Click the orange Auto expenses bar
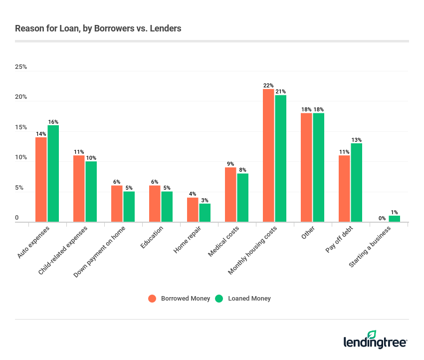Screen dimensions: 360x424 pyautogui.click(x=41, y=180)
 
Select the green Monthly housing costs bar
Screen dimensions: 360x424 pyautogui.click(x=280, y=158)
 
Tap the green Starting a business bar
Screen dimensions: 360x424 pyautogui.click(x=394, y=219)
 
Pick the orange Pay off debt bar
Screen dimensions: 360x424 pyautogui.click(x=344, y=189)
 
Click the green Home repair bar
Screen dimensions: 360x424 pyautogui.click(x=205, y=213)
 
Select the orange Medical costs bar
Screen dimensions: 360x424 pyautogui.click(x=230, y=195)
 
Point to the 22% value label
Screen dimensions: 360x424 pyautogui.click(x=268, y=85)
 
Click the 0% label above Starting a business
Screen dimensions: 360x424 pyautogui.click(x=382, y=218)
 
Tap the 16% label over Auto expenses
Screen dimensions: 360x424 pyautogui.click(x=53, y=122)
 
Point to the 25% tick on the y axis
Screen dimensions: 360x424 pyautogui.click(x=21, y=67)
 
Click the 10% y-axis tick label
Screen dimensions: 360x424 pyautogui.click(x=21, y=158)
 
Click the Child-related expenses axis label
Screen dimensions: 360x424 pyautogui.click(x=63, y=250)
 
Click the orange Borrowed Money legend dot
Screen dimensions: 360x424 pyautogui.click(x=153, y=299)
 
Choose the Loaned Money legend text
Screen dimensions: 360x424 pyautogui.click(x=249, y=299)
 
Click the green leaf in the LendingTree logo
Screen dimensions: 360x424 pyautogui.click(x=372, y=335)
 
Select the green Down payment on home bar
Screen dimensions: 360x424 pyautogui.click(x=129, y=207)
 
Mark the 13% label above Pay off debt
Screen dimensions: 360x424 pyautogui.click(x=356, y=140)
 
